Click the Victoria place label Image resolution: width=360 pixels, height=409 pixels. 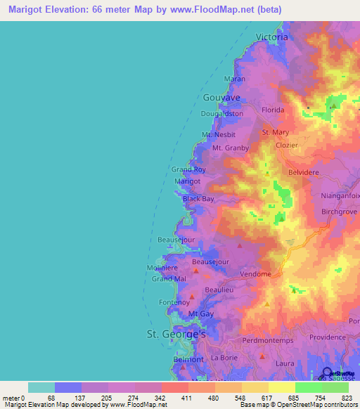click(273, 35)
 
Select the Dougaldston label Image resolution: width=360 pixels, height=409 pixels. click(221, 113)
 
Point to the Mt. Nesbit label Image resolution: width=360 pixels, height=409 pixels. click(218, 134)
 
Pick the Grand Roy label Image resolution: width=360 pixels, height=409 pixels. click(189, 169)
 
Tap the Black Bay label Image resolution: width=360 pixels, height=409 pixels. click(198, 199)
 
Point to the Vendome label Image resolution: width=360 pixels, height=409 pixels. click(255, 274)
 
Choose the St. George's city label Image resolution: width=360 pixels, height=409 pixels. click(175, 335)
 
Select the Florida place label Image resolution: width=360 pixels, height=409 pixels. click(273, 110)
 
